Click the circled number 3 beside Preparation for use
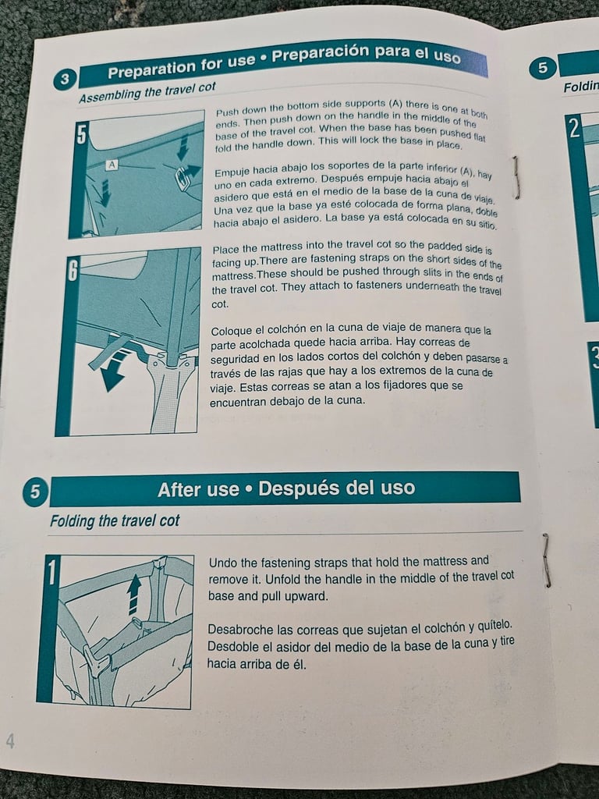click(65, 80)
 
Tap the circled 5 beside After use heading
click(34, 492)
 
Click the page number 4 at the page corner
click(10, 741)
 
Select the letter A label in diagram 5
click(112, 165)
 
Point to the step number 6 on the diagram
click(73, 269)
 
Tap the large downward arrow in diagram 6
click(112, 371)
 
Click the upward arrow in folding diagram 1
click(134, 594)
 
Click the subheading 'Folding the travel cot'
click(115, 520)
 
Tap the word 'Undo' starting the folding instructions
click(223, 563)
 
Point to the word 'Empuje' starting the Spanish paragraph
click(231, 172)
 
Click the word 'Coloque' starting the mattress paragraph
click(231, 332)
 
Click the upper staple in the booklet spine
click(517, 177)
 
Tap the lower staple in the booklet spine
click(547, 560)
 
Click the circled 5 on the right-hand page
click(543, 69)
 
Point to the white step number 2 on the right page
click(575, 129)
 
